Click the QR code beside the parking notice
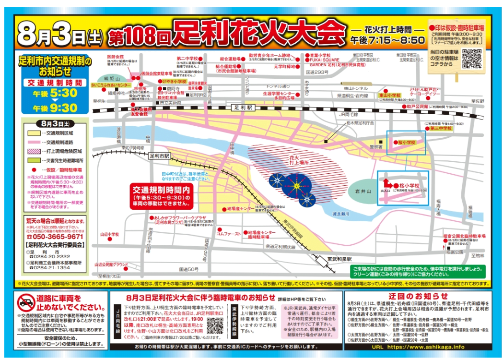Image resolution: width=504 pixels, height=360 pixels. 472,58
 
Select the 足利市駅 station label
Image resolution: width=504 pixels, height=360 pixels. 159,156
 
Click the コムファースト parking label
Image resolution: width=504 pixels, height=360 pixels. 229,234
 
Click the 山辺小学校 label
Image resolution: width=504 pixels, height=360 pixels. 109,235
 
